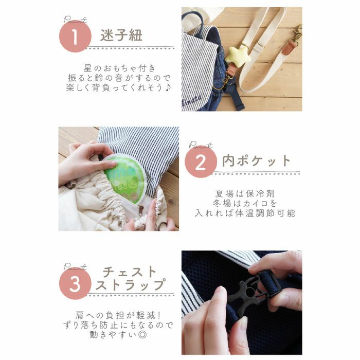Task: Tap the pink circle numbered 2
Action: [202, 162]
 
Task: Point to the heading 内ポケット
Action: [256, 161]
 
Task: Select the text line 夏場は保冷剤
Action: [245, 194]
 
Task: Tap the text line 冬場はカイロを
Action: [245, 204]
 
